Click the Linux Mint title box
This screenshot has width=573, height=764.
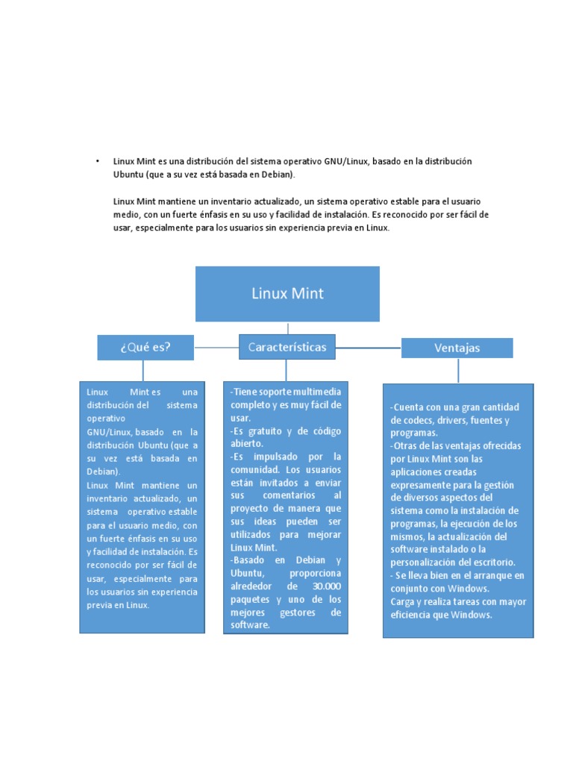pyautogui.click(x=287, y=294)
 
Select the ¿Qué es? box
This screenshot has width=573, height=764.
pyautogui.click(x=145, y=347)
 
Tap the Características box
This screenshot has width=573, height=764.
pyautogui.click(x=287, y=347)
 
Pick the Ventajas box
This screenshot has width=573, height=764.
pyautogui.click(x=457, y=348)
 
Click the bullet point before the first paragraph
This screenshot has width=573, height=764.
pyautogui.click(x=97, y=161)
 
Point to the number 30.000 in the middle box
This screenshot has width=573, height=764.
pyautogui.click(x=325, y=586)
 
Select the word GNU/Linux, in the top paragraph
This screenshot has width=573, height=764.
pyautogui.click(x=346, y=161)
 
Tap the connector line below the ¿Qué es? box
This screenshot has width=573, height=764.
pyautogui.click(x=143, y=370)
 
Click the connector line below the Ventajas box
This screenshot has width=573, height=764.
pyautogui.click(x=458, y=370)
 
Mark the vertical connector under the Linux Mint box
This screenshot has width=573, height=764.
pyautogui.click(x=287, y=328)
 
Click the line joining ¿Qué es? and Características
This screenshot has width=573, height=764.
pyautogui.click(x=216, y=348)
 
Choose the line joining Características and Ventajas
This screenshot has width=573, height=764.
pyautogui.click(x=369, y=348)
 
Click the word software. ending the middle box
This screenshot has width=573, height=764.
pyautogui.click(x=250, y=624)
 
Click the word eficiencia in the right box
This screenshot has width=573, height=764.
pyautogui.click(x=414, y=615)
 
